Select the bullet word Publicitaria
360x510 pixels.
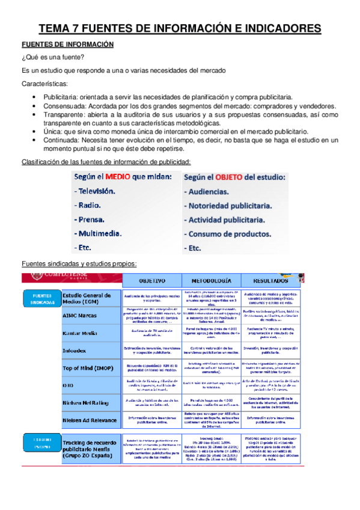point(63,96)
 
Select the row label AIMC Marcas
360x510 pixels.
point(83,316)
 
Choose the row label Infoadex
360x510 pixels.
point(78,349)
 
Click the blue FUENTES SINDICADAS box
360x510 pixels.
point(41,299)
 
